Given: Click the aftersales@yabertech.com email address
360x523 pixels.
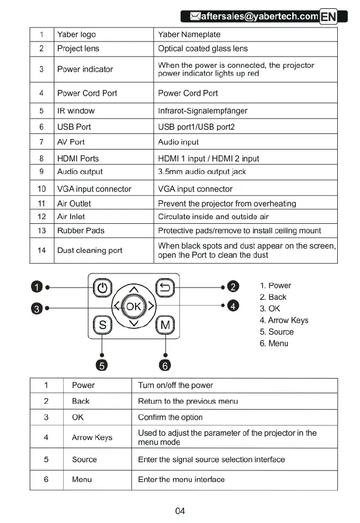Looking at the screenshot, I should pyautogui.click(x=259, y=16).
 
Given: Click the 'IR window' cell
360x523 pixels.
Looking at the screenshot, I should pyautogui.click(x=75, y=110).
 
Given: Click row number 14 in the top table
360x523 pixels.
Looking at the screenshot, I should pyautogui.click(x=41, y=250).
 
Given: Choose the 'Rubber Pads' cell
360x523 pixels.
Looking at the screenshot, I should pyautogui.click(x=81, y=230).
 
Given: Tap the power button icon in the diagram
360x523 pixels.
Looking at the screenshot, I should pyautogui.click(x=103, y=288).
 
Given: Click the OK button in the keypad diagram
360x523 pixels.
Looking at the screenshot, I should pyautogui.click(x=134, y=306).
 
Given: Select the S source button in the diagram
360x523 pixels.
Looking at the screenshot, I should pyautogui.click(x=103, y=324).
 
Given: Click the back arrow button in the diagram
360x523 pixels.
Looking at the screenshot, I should pyautogui.click(x=165, y=288).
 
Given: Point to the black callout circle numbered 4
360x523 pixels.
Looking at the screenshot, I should pyautogui.click(x=233, y=305).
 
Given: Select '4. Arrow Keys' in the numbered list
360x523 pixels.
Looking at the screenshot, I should pyautogui.click(x=283, y=320).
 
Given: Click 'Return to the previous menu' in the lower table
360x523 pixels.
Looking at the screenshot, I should pyautogui.click(x=179, y=401).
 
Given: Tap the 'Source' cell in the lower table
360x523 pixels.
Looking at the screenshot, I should pyautogui.click(x=84, y=459).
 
